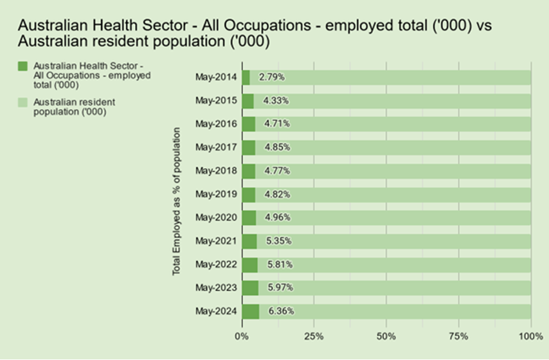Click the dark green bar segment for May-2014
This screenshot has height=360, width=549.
pos(246,77)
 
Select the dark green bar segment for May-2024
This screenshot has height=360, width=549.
pos(251,311)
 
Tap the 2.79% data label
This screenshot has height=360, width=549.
pos(272,77)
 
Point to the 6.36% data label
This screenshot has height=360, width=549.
pos(281,311)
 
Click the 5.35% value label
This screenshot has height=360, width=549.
pos(279,241)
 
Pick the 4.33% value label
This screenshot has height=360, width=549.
pos(276,101)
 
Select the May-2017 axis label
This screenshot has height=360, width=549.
pos(216,147)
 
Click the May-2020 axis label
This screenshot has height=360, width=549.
pos(216,217)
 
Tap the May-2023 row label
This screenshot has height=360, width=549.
pos(216,288)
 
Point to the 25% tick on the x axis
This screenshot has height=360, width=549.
pos(314,337)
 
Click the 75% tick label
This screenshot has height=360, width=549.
pos(458,337)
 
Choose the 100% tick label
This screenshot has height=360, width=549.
pos(531,337)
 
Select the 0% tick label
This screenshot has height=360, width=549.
pos(242,337)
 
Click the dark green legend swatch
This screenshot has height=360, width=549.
pos(22,66)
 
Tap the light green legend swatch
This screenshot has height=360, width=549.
pos(22,102)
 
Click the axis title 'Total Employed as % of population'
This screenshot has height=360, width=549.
pos(176,201)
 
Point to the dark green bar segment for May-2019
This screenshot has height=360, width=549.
pos(249,195)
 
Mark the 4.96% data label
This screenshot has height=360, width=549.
pos(278,217)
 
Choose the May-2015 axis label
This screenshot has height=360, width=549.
pos(216,101)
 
